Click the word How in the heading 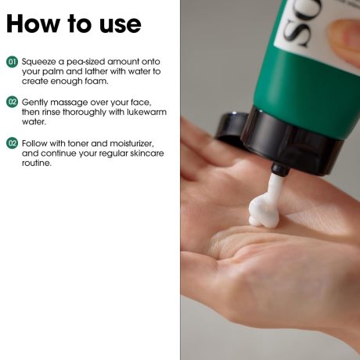33,23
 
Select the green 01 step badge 12,62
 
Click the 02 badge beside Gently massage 12,102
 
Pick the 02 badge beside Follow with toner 12,143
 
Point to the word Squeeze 39,63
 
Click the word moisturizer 131,143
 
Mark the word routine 36,163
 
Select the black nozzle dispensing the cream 280,168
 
